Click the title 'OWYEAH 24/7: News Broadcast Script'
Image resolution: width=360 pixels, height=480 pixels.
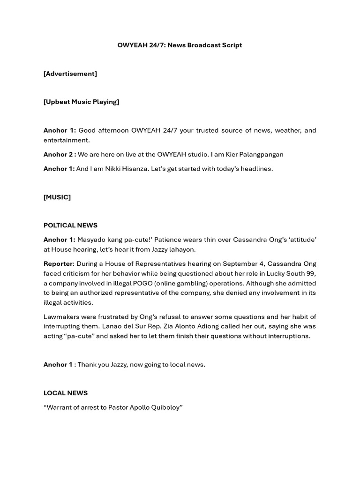pyautogui.click(x=180, y=45)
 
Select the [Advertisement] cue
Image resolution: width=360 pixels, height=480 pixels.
pyautogui.click(x=70, y=74)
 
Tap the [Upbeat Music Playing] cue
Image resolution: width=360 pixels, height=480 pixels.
pyautogui.click(x=81, y=102)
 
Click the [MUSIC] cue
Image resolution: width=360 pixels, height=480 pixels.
pyautogui.click(x=57, y=197)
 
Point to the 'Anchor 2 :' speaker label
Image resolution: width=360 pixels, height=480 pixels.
pyautogui.click(x=60, y=154)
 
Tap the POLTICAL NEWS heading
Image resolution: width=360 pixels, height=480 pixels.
pyautogui.click(x=70, y=225)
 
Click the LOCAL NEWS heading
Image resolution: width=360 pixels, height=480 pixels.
pyautogui.click(x=66, y=393)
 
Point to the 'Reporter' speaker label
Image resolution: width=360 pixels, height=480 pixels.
pyautogui.click(x=58, y=264)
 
